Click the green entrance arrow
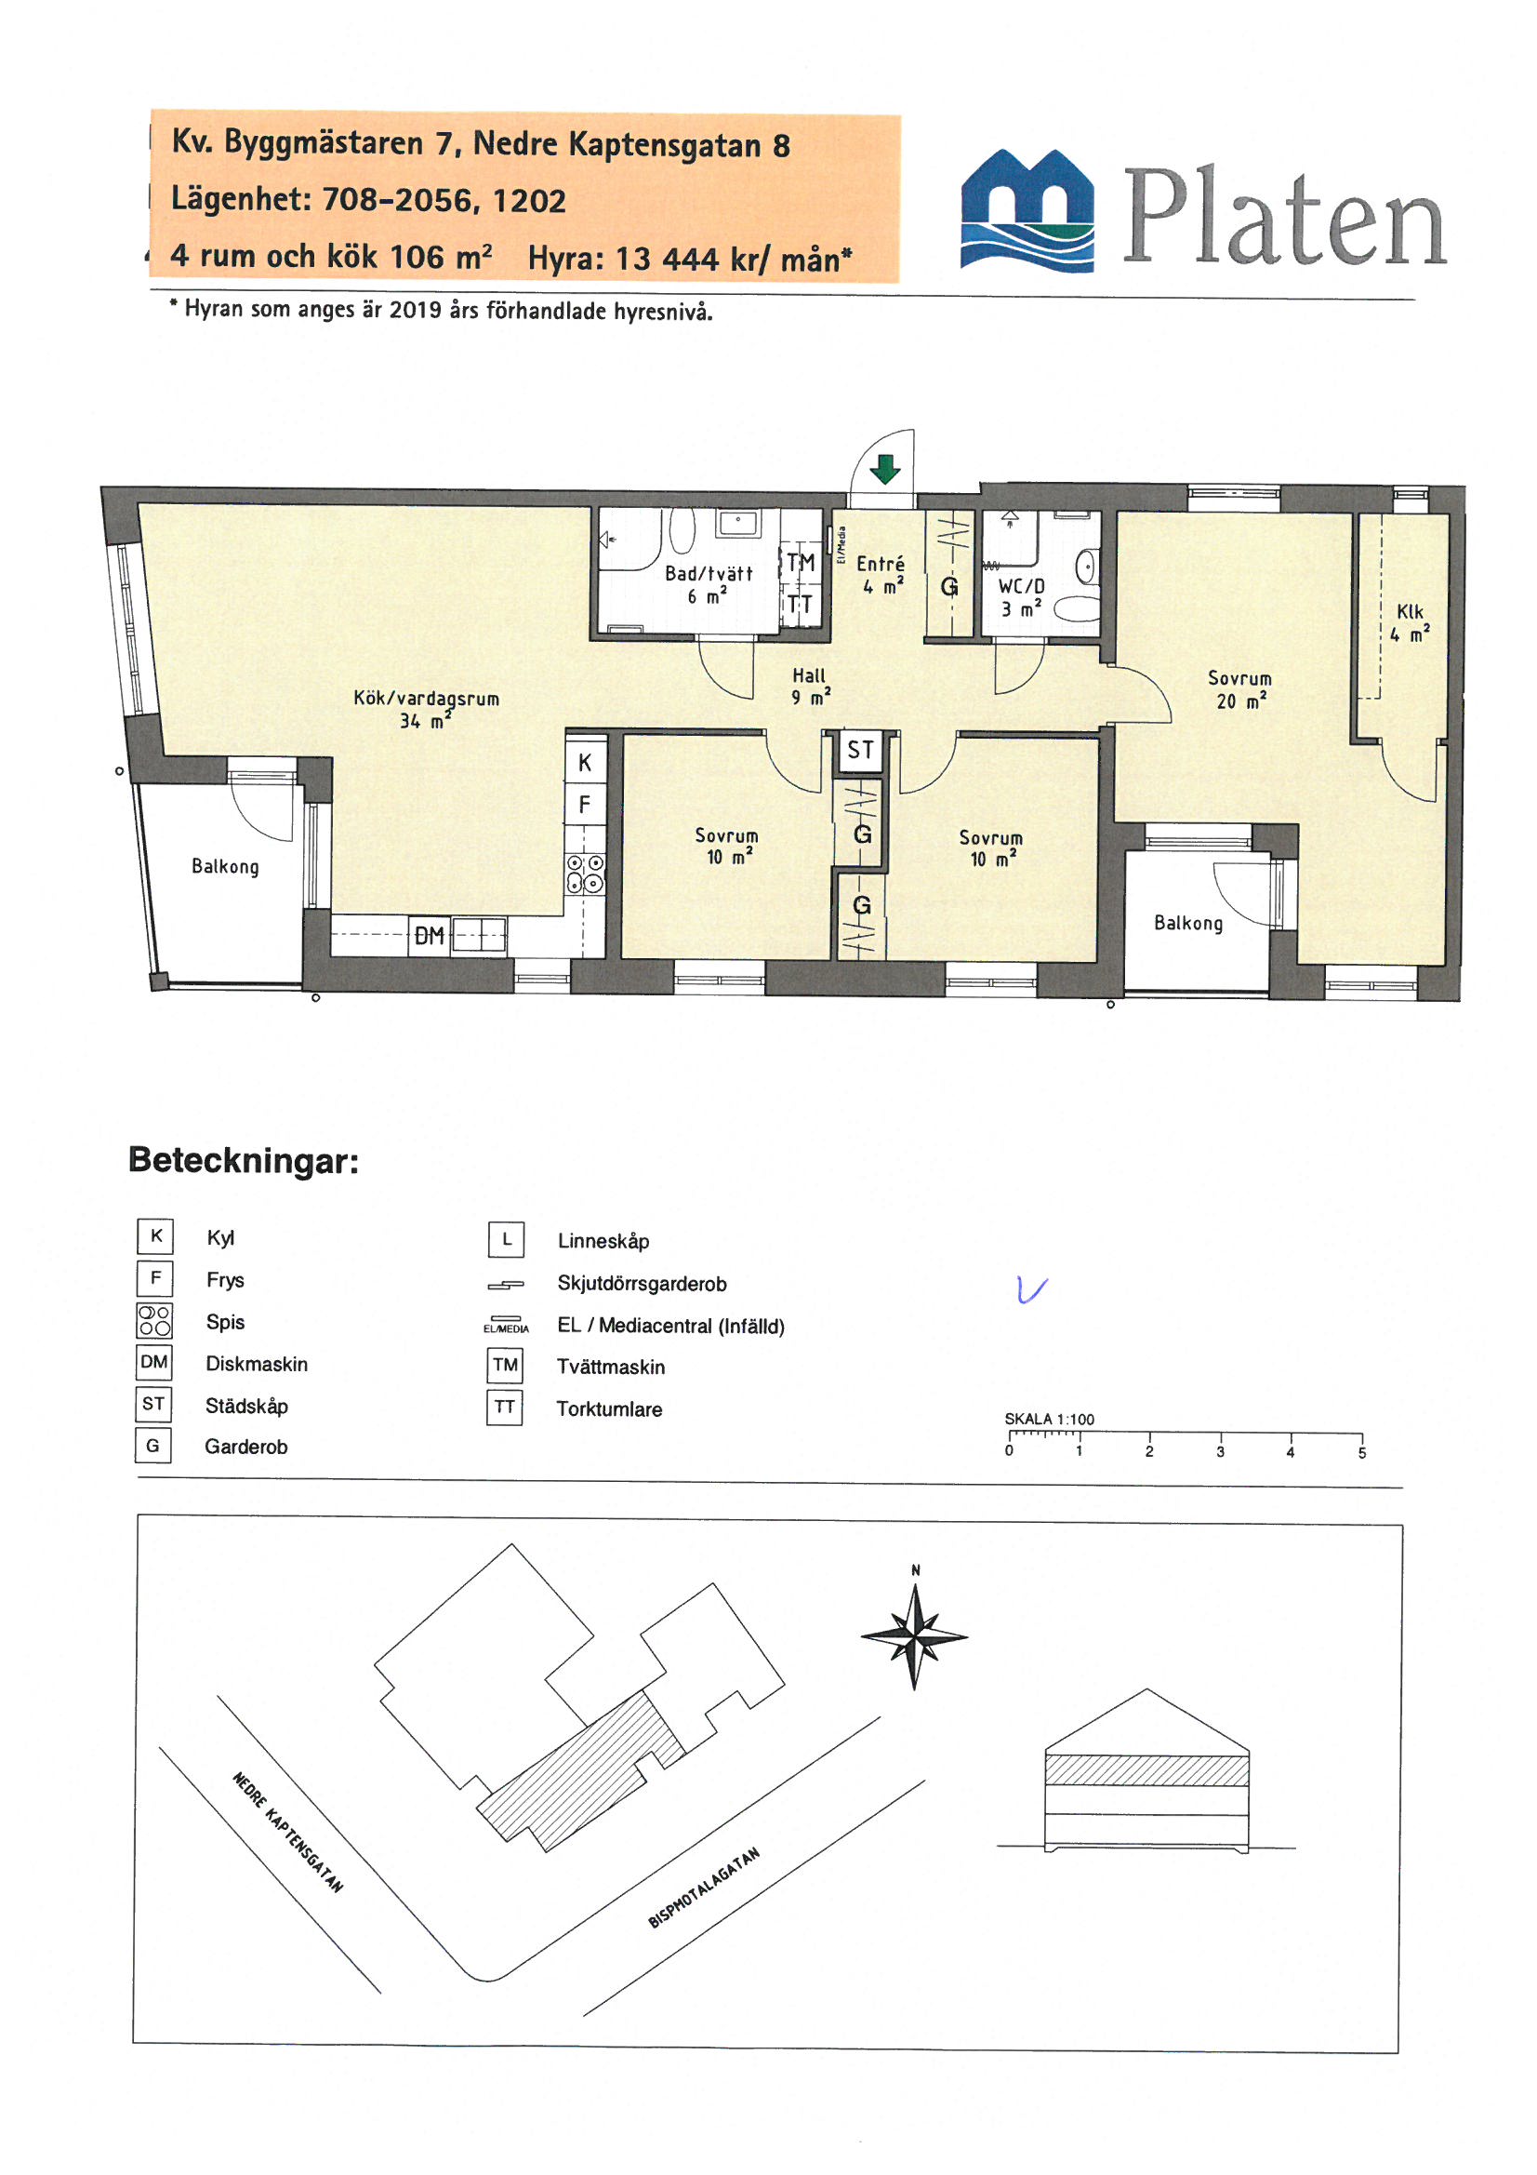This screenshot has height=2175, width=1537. pyautogui.click(x=884, y=469)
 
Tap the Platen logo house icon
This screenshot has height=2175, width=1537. pyautogui.click(x=1027, y=209)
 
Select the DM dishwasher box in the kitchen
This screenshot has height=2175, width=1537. pyautogui.click(x=429, y=936)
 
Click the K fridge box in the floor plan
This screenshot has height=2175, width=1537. pyautogui.click(x=584, y=762)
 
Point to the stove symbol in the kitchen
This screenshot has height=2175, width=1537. pyautogui.click(x=584, y=873)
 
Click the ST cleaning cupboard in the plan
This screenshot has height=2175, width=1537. pyautogui.click(x=860, y=750)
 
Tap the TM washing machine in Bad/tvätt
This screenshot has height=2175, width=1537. pyautogui.click(x=801, y=562)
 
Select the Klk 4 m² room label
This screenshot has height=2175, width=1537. pyautogui.click(x=1410, y=622)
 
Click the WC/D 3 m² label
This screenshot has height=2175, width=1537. pyautogui.click(x=1021, y=597)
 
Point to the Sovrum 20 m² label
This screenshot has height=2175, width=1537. pyautogui.click(x=1239, y=688)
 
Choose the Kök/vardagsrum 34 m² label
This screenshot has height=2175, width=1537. pyautogui.click(x=426, y=709)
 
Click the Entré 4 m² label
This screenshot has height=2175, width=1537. pyautogui.click(x=881, y=574)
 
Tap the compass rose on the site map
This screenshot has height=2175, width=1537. pyautogui.click(x=914, y=1636)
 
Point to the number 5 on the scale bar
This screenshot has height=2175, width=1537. pyautogui.click(x=1362, y=1453)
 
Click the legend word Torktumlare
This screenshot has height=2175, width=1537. pyautogui.click(x=609, y=1408)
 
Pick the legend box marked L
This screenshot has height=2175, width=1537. pyautogui.click(x=506, y=1239)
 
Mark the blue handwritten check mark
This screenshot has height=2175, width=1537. pyautogui.click(x=1031, y=1289)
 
